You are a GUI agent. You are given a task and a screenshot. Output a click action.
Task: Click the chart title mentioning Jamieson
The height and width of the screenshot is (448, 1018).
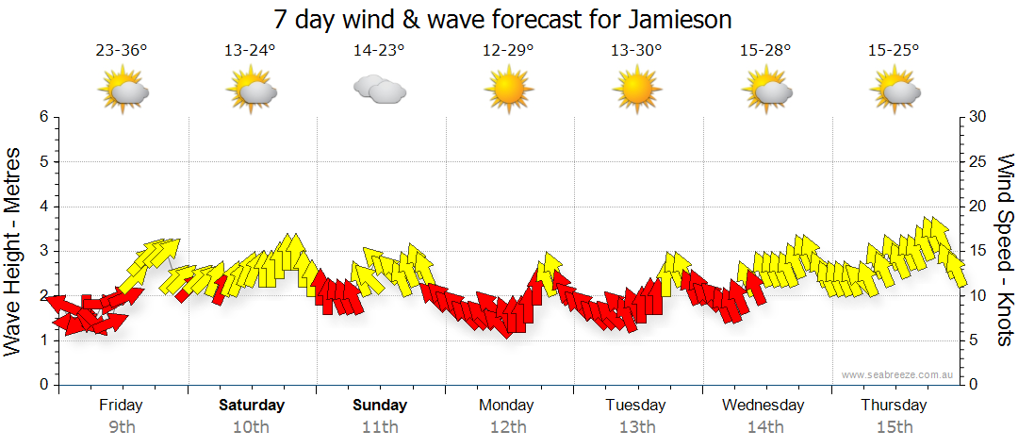[502, 19]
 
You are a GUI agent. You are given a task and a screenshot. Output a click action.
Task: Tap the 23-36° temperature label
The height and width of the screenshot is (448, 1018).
[122, 51]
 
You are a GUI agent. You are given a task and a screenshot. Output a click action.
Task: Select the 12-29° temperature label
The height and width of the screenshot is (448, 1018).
[508, 51]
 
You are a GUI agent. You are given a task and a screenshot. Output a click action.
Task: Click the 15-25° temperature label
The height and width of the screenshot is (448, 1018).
[894, 51]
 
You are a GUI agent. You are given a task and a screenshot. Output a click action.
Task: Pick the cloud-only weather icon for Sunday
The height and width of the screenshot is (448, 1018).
[379, 91]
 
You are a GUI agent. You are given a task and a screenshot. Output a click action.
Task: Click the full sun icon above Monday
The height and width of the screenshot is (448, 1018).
[508, 91]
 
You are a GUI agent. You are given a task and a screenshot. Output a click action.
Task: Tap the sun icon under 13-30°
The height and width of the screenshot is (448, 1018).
[636, 91]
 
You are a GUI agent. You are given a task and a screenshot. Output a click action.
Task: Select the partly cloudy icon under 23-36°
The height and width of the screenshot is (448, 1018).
[123, 91]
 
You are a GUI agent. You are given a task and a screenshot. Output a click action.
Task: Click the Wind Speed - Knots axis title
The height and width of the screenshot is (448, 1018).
[1005, 250]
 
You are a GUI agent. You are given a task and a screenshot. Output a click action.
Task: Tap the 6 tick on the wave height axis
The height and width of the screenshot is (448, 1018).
[42, 117]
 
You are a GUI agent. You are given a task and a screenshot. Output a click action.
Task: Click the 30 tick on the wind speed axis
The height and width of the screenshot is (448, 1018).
[977, 117]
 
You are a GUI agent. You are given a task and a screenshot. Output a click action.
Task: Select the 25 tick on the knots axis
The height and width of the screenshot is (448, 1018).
[977, 162]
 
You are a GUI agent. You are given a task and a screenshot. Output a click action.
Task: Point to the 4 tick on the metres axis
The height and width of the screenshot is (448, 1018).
[42, 207]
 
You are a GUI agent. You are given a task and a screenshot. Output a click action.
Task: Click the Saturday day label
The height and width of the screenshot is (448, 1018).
[252, 406]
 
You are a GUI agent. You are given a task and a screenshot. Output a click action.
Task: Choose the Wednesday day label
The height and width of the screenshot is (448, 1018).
[763, 406]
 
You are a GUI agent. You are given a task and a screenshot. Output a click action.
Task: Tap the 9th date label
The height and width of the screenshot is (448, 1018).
[122, 427]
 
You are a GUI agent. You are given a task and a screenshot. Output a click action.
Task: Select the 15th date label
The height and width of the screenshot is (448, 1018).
[894, 427]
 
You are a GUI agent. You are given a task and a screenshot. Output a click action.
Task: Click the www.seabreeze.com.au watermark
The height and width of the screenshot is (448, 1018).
[898, 374]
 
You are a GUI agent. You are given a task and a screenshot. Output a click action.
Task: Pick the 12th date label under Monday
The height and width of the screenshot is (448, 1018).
[508, 427]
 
